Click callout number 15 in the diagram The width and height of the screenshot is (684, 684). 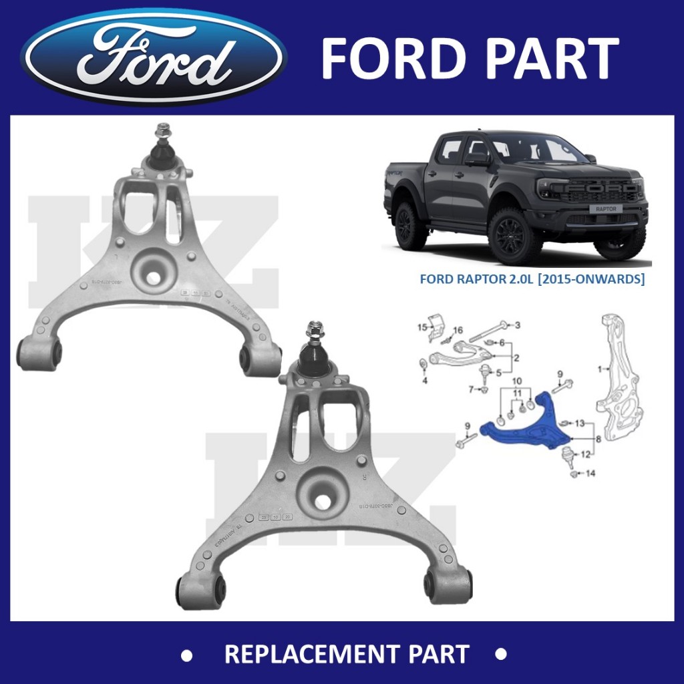[421, 327]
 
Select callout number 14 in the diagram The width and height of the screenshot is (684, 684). [589, 474]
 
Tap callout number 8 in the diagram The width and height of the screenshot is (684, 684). [598, 439]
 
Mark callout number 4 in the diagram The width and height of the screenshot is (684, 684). [424, 381]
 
